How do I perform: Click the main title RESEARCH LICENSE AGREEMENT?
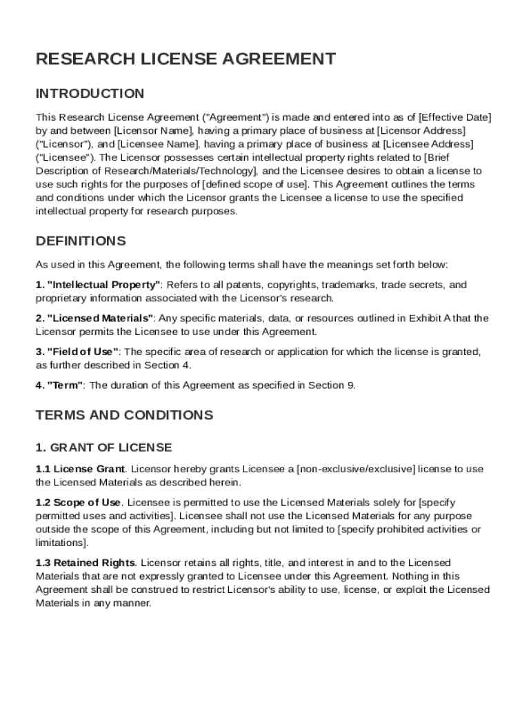tap(186, 59)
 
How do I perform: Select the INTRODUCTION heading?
tap(90, 94)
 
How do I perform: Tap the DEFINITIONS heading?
tap(81, 241)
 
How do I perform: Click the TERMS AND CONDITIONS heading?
tap(124, 415)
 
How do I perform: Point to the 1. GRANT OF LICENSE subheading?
tap(103, 447)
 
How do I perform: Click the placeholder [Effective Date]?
tap(455, 117)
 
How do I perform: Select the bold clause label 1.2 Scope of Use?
tap(79, 503)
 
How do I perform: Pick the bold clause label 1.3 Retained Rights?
tap(86, 563)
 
